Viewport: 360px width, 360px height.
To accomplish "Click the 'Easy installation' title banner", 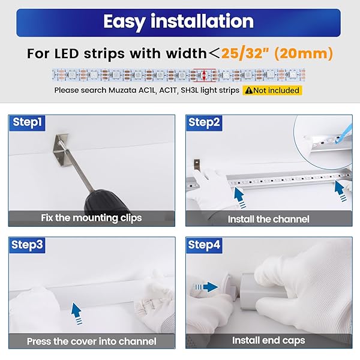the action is click(178, 23).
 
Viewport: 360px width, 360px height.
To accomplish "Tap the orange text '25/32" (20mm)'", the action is click(277, 53).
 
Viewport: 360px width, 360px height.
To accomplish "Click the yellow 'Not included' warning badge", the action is click(272, 90).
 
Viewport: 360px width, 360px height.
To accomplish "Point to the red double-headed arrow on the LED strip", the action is click(204, 75).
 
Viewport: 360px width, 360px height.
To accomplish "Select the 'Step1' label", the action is click(27, 122).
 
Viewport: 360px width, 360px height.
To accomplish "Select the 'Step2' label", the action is click(204, 122).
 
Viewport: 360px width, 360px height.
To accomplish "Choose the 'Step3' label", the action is click(27, 245).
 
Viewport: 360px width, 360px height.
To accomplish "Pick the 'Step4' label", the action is click(204, 245).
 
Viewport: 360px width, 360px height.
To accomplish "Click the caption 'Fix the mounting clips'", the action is click(91, 218).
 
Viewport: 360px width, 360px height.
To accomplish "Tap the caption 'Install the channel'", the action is click(268, 219).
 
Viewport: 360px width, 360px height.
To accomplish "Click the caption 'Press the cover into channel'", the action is click(92, 341).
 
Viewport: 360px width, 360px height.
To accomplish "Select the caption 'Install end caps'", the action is click(268, 340).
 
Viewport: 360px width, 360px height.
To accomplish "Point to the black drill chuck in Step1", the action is click(105, 202).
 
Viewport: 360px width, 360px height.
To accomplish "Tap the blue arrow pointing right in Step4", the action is click(206, 287).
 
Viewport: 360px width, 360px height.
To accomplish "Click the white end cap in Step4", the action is click(229, 287).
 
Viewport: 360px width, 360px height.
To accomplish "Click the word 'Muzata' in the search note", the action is click(122, 90).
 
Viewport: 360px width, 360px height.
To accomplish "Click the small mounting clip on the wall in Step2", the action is click(197, 165).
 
